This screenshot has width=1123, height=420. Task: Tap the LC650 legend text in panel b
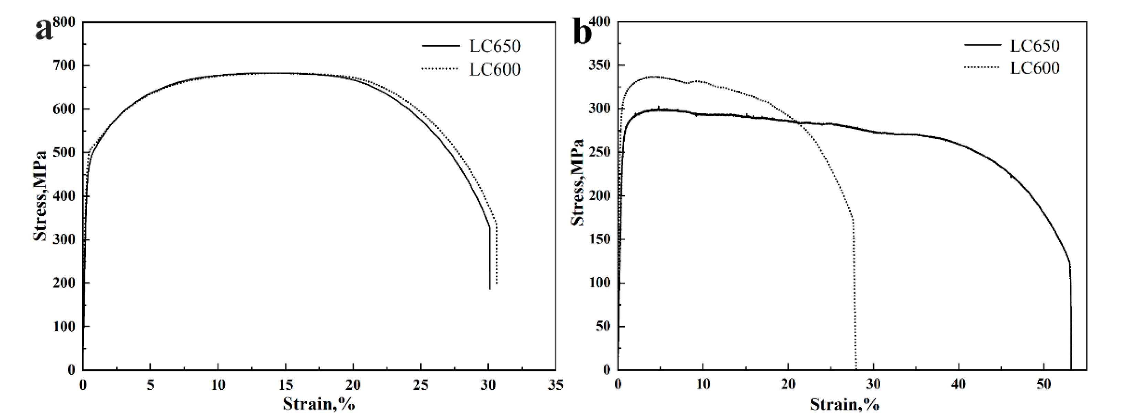coord(1035,45)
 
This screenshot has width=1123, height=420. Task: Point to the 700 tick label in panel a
coord(64,65)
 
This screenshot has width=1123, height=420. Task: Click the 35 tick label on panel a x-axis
coord(555,385)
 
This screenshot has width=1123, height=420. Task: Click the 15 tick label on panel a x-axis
coord(285,385)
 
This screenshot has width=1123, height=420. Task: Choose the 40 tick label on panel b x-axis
coord(958,385)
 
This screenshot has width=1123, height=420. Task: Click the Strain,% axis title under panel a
coord(319,404)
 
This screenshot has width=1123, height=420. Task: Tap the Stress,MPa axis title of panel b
coord(578,182)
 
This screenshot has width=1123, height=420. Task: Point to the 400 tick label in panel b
coord(601,22)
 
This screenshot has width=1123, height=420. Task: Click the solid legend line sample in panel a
coord(440,46)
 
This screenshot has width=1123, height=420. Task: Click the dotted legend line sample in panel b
coord(981,67)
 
